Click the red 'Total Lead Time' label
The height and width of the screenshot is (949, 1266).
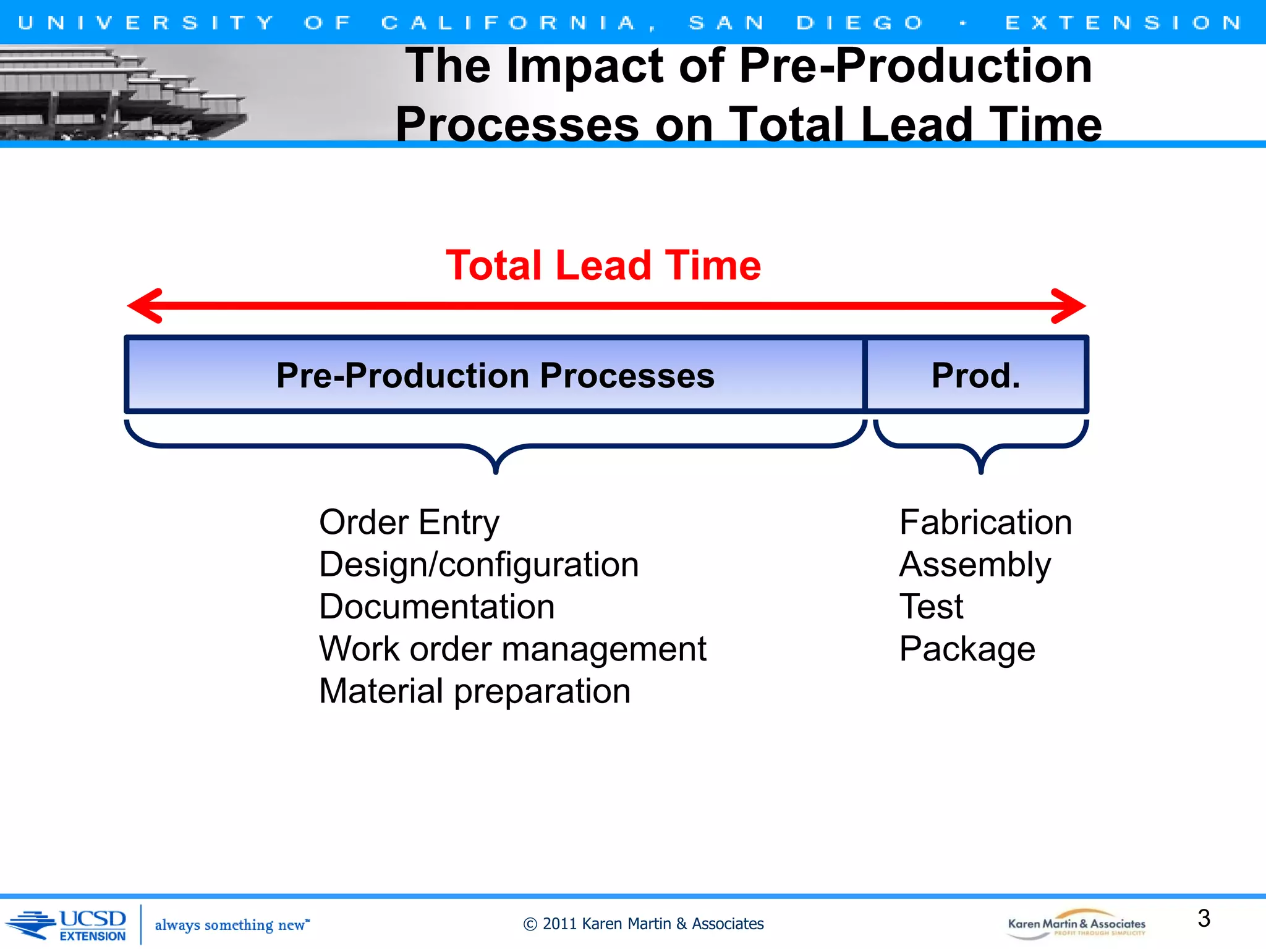603,266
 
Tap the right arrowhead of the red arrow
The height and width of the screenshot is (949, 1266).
1069,305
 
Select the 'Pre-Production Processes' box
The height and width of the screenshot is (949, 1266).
495,375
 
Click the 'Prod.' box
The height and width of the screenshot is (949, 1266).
975,375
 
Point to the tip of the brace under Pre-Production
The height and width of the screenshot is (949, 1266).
496,471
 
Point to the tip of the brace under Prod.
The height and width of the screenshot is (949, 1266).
981,471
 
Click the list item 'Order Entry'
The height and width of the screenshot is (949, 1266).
409,523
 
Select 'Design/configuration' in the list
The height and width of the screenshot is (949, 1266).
478,565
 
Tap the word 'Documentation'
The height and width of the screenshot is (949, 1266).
436,607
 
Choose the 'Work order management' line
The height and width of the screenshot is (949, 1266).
512,649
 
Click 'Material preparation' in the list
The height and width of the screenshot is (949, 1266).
474,691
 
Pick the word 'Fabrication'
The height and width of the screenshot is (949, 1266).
985,523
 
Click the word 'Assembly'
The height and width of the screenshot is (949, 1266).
975,565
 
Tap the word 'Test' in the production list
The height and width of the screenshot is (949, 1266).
931,607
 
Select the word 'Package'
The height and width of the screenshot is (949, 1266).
967,649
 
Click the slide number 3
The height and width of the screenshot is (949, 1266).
1204,918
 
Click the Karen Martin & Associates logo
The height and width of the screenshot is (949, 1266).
1076,924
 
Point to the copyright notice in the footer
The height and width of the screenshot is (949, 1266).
644,924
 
